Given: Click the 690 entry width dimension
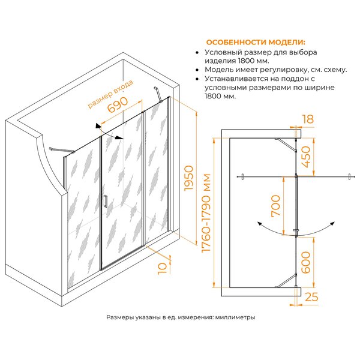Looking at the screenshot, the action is [x=118, y=105].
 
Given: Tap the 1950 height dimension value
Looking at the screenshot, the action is [x=189, y=178].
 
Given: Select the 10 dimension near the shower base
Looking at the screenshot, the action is [x=163, y=268].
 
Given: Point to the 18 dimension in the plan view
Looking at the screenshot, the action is [x=308, y=119].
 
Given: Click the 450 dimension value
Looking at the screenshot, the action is [x=306, y=157].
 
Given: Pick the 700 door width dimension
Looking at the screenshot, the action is [x=275, y=206].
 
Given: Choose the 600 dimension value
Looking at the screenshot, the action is [x=306, y=262].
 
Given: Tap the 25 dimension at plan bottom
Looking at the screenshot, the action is [x=311, y=297].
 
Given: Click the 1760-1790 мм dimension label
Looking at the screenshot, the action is [x=206, y=213].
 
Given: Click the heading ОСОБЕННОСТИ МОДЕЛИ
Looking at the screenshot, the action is [x=256, y=43].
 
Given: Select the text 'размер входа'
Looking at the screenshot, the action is [x=110, y=94].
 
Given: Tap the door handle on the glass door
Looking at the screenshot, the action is [x=106, y=202].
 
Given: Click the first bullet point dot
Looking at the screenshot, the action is [x=197, y=53].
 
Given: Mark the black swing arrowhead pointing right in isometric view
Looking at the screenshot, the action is [x=119, y=138].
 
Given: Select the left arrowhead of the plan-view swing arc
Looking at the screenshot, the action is [x=260, y=224].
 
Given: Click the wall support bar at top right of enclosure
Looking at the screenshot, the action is [x=158, y=94].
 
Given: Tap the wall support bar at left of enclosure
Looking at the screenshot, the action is [x=62, y=150].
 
